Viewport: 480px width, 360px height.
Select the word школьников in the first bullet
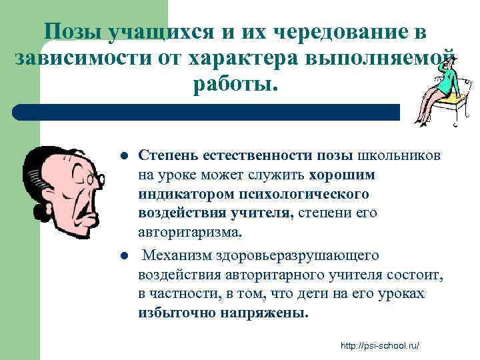coord(399,155)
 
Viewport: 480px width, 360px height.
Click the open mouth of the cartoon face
coord(86,211)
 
